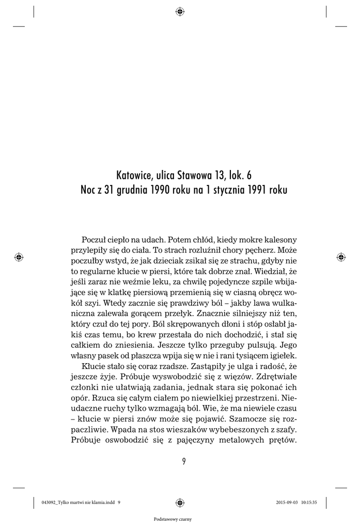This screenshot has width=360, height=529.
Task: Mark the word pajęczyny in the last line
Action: point(181,441)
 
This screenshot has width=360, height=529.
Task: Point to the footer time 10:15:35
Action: point(320,501)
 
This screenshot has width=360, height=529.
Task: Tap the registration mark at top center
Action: point(180,11)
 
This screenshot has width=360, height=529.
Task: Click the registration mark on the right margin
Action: point(340,256)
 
